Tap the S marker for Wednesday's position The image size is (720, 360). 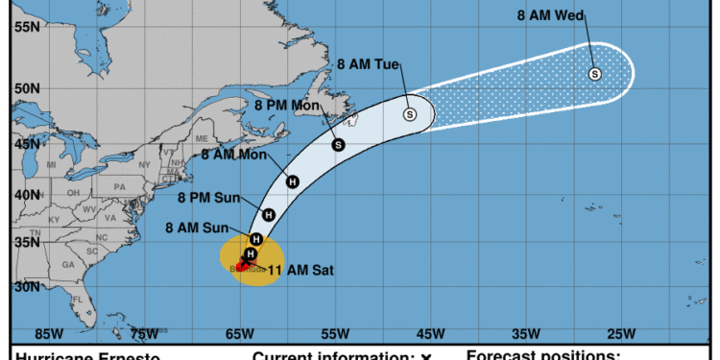(x=594, y=74)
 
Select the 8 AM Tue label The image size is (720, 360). (x=368, y=63)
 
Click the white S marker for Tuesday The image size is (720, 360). (x=410, y=114)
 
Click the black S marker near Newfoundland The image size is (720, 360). (x=338, y=145)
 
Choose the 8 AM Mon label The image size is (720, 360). (x=233, y=152)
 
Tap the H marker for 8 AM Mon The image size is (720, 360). (x=292, y=180)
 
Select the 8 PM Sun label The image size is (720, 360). (x=209, y=198)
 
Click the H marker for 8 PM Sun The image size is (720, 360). (x=269, y=215)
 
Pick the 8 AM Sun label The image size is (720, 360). (x=197, y=228)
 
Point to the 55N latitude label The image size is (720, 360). (x=25, y=26)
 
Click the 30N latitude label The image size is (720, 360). (x=25, y=286)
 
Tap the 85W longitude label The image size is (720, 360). (x=48, y=334)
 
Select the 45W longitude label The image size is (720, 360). (x=429, y=334)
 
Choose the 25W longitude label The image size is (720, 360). (x=620, y=334)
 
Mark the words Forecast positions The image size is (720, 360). (x=542, y=355)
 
